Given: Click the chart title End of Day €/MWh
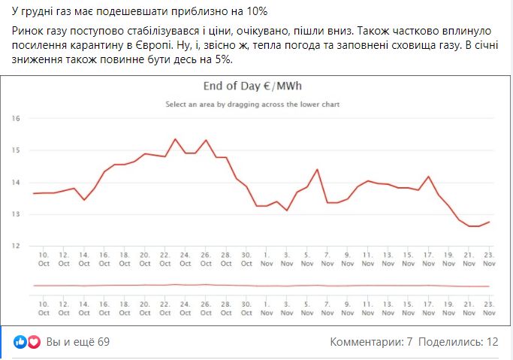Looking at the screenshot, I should pos(252,85).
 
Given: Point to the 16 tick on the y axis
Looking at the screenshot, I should pos(16,119).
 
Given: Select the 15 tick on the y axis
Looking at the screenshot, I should pos(16,150).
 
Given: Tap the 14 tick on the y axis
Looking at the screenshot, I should pos(16,183).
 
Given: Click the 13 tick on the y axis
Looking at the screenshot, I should pos(16,214).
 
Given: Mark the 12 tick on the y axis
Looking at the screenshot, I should pos(16,246).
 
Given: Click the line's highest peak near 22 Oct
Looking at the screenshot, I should pos(175,139).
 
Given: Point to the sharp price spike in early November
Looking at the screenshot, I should pos(317,169).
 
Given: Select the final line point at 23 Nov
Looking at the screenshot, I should pos(490,222).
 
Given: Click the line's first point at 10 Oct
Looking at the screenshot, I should pos(34,194).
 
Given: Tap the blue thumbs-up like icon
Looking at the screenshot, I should pos(20,342).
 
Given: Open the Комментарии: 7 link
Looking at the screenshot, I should pos(371,342).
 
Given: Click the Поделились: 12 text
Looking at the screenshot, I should pos(458,342).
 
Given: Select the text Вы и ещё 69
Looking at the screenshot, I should pos(78,342).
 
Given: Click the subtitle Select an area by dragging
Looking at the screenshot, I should pos(252,104).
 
